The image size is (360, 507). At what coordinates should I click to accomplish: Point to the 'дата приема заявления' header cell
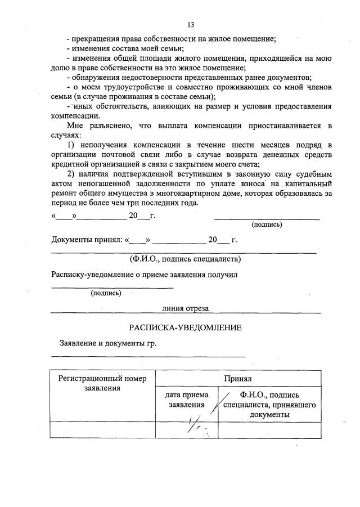coord(186,400)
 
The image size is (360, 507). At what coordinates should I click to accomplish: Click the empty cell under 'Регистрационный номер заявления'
coord(102,429)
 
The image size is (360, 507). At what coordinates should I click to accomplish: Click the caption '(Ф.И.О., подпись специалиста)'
coord(185,259)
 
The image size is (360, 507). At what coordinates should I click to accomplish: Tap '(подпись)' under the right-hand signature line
coord(267,225)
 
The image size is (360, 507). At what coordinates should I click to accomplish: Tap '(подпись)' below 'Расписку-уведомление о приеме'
coord(106,293)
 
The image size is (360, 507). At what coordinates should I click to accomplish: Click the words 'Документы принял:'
coord(87,240)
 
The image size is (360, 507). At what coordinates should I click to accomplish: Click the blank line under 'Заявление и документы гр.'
coord(148,356)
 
